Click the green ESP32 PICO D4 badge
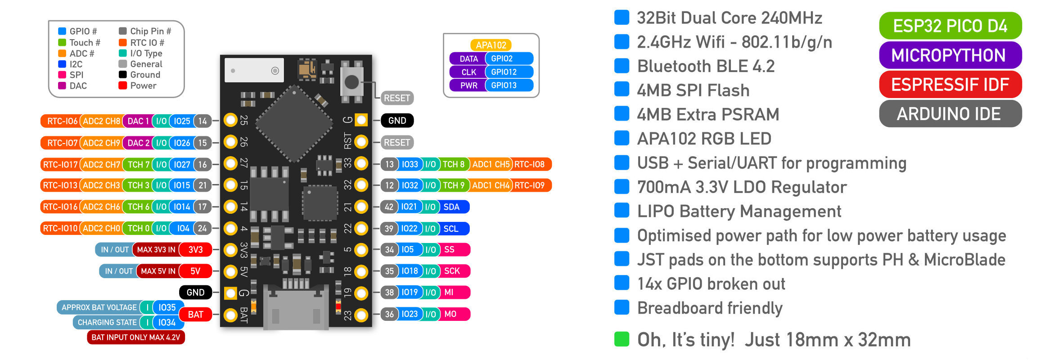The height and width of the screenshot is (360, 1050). coord(950,26)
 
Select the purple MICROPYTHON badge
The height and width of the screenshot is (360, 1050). coord(950,55)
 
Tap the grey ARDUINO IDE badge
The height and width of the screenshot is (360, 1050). coord(950,114)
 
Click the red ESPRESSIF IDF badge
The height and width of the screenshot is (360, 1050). coord(950,85)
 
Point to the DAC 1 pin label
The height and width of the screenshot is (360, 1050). coord(138,121)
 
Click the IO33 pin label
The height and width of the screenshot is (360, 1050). coord(410,164)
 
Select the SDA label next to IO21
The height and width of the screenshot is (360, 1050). coord(451,207)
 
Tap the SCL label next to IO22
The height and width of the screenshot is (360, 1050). coord(451,229)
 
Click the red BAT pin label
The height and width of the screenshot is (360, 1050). coord(195,315)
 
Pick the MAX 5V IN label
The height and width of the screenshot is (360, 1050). coord(158,271)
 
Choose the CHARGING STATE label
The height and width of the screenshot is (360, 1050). coord(107,323)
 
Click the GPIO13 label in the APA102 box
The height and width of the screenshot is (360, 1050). coord(504,85)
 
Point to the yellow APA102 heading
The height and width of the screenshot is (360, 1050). coord(491,45)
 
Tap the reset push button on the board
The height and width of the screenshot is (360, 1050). coord(352,82)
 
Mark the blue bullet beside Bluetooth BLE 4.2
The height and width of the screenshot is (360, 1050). coord(622,66)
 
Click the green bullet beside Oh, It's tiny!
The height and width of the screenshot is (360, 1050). coord(622,339)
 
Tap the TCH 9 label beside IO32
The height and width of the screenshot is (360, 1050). coord(454,185)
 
